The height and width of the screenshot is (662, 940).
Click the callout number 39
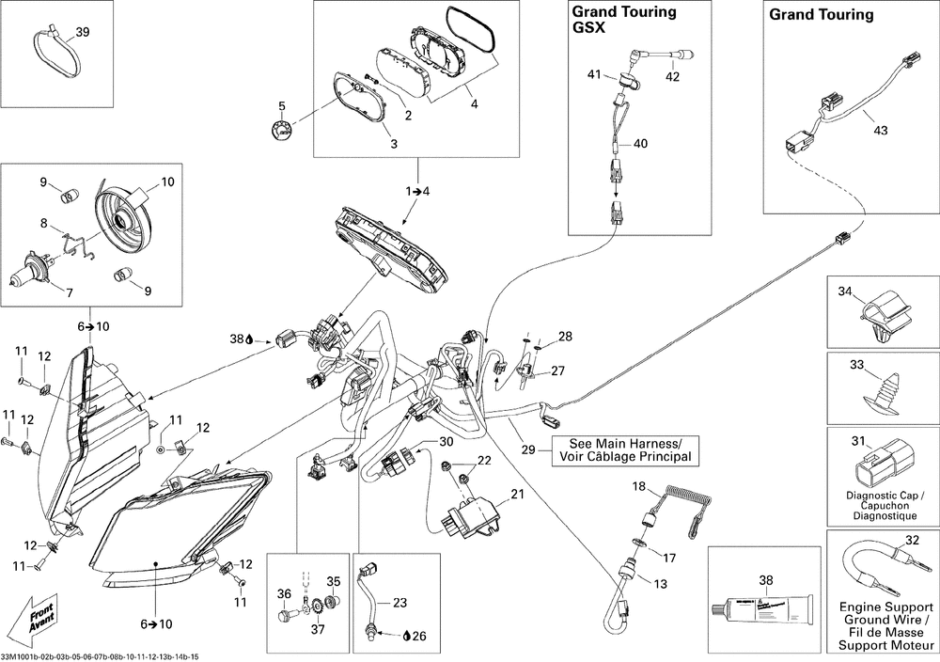click(83, 33)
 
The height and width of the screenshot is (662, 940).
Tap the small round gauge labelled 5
click(278, 131)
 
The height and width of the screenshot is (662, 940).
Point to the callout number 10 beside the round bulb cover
click(168, 181)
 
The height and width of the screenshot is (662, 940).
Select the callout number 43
click(880, 131)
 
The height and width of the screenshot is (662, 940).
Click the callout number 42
click(673, 76)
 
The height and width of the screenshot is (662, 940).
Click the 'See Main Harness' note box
click(622, 450)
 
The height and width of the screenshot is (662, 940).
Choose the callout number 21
click(517, 495)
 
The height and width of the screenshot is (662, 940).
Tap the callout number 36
click(284, 593)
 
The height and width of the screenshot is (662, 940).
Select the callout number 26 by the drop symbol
click(418, 636)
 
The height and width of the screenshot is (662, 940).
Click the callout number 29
click(529, 451)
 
